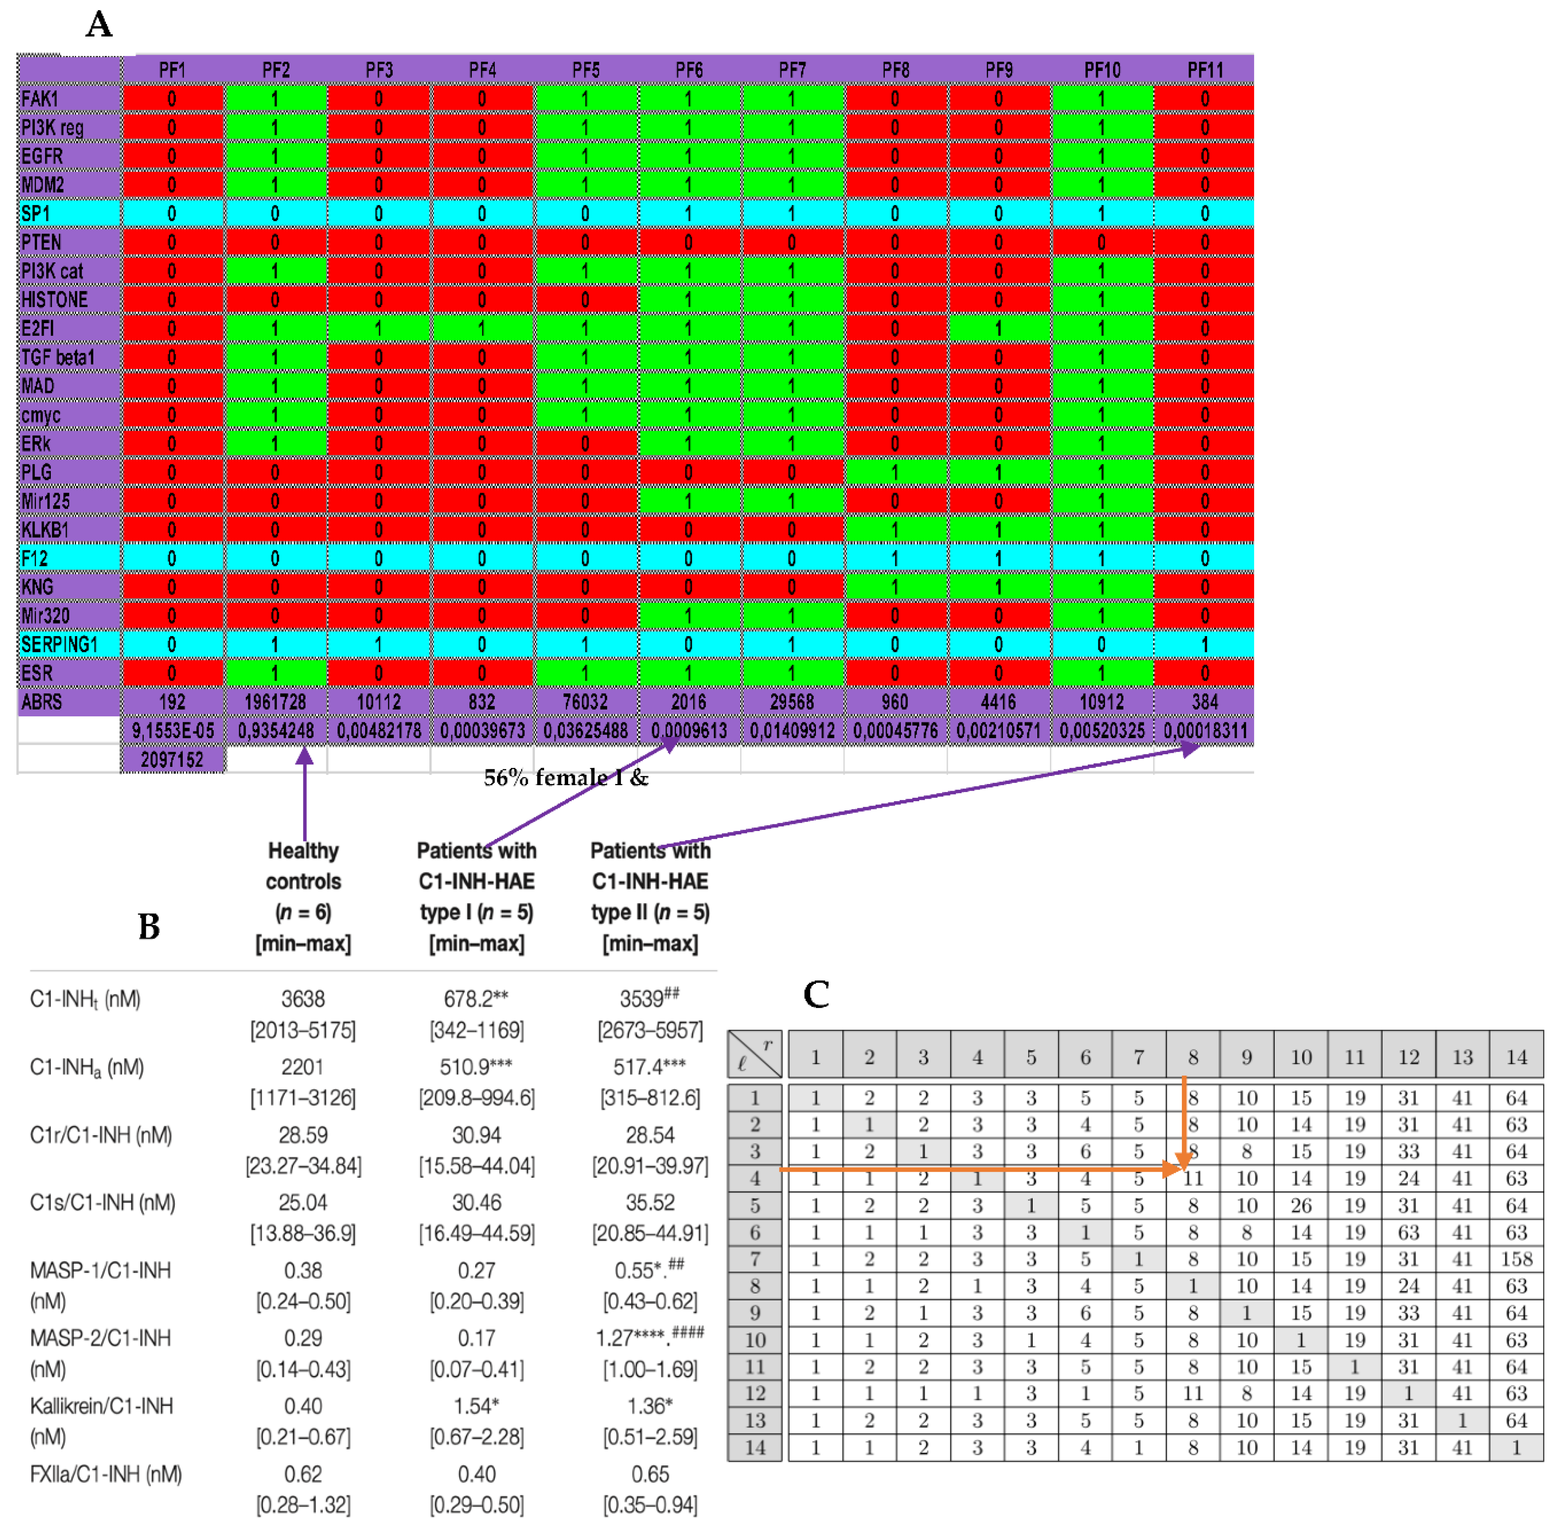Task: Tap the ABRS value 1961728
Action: [275, 702]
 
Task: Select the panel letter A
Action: [99, 24]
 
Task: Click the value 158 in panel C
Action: [1516, 1259]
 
